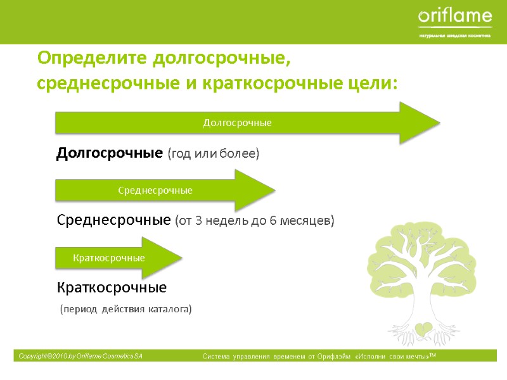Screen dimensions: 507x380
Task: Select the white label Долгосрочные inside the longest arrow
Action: [x=237, y=123]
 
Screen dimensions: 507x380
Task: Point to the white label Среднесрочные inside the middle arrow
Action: [x=155, y=190]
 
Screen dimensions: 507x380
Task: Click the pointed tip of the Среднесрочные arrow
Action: [x=274, y=190]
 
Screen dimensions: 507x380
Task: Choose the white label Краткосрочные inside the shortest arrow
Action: [x=109, y=258]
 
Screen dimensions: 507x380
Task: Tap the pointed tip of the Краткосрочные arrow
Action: [x=182, y=258]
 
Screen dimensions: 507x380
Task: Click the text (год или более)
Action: [x=214, y=154]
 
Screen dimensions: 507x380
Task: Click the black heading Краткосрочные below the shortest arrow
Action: [x=112, y=288]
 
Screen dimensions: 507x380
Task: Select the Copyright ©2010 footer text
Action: [x=80, y=357]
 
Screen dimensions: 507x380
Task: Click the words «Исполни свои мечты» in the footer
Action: [x=392, y=358]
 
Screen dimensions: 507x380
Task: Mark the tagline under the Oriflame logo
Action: [x=454, y=35]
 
